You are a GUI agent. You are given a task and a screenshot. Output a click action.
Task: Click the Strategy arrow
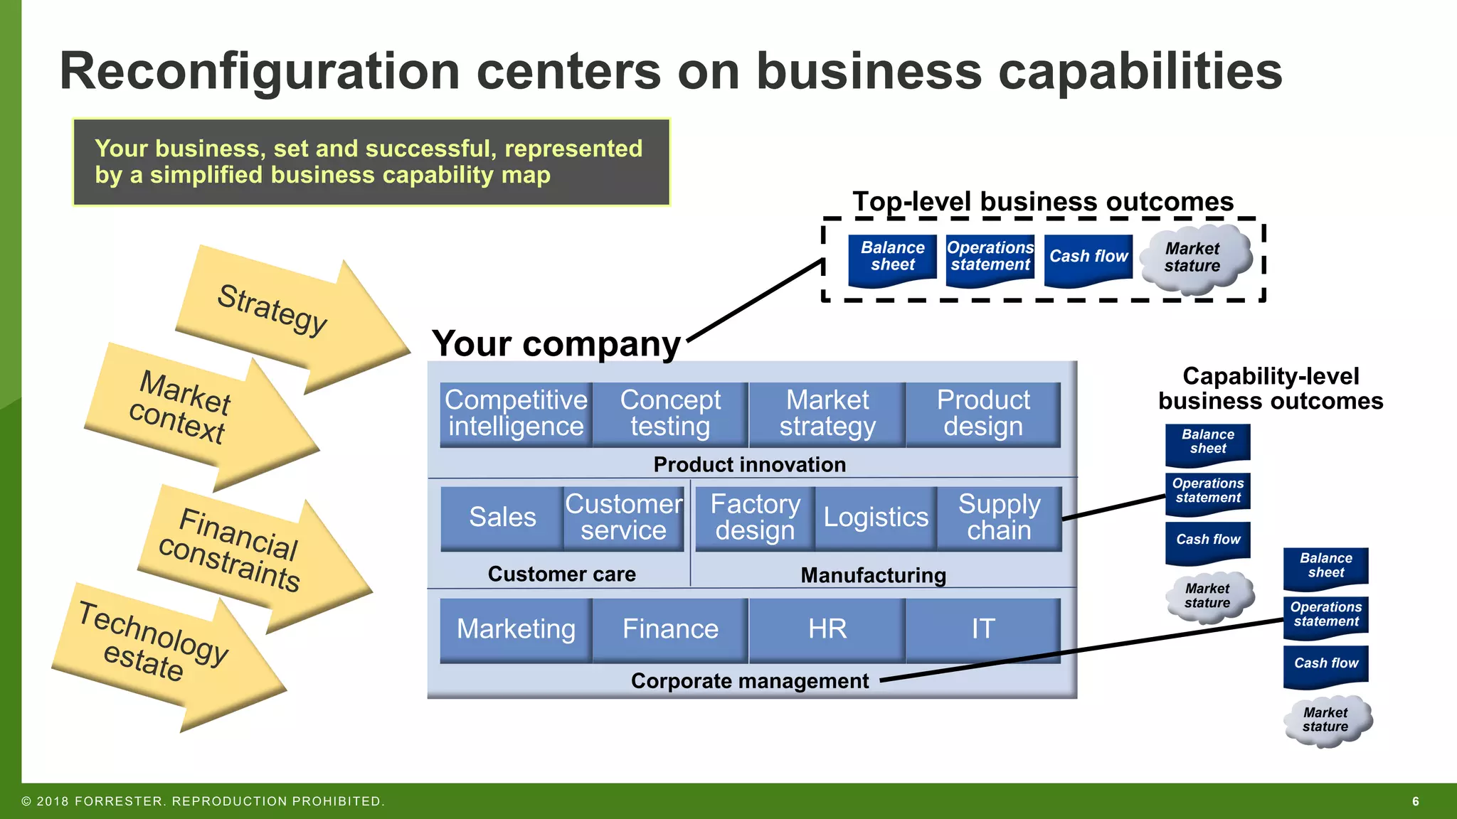coord(285,316)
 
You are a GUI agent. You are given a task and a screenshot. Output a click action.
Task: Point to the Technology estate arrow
coord(164,651)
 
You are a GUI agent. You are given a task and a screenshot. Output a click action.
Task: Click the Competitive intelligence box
coord(516,414)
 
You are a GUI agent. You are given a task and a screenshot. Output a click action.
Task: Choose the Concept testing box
coord(670,414)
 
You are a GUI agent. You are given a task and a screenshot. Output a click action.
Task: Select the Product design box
coord(983,414)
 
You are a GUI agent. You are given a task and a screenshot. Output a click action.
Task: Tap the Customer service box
coord(623,518)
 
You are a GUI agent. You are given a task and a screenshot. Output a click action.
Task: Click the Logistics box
coord(876,518)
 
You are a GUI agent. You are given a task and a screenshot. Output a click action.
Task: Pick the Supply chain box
coord(999,518)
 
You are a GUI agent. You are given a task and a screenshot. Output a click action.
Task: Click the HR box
coord(827,629)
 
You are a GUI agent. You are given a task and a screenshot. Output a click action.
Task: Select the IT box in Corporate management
coord(983,629)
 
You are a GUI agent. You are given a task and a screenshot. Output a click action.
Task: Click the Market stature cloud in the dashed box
coord(1193,258)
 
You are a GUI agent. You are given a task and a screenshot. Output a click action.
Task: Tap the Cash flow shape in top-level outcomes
coord(1088,257)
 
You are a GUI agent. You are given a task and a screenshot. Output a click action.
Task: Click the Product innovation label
coord(749,465)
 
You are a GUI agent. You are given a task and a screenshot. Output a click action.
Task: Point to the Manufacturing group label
coord(873,575)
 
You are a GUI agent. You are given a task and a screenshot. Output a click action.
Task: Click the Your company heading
coord(556,344)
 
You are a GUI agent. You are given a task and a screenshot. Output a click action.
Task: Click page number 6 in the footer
coord(1415,801)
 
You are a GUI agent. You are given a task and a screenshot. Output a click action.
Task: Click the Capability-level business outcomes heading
coord(1271,388)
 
